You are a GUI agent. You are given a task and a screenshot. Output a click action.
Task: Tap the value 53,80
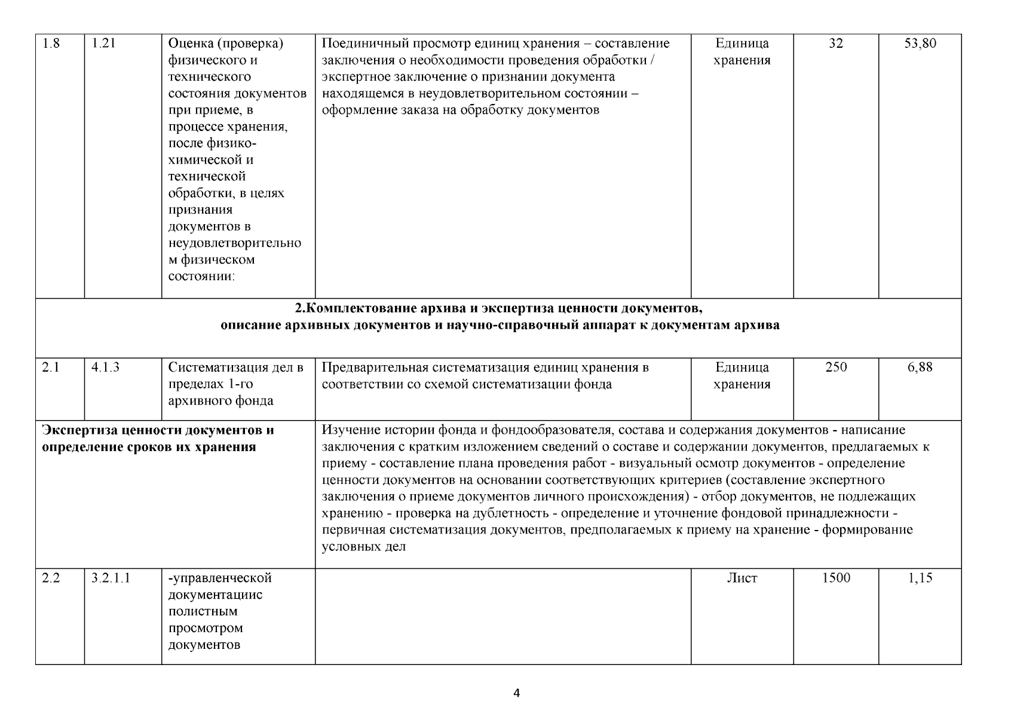(x=920, y=44)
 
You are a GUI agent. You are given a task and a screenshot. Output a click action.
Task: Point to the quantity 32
(x=836, y=44)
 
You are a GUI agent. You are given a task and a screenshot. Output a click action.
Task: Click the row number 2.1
(x=51, y=367)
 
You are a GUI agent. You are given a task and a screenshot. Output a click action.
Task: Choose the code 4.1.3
(x=105, y=367)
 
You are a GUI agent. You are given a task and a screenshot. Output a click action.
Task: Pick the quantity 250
(x=836, y=367)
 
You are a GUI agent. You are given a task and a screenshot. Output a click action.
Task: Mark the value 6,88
(x=920, y=367)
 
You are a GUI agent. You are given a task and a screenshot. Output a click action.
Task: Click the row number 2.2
(x=51, y=578)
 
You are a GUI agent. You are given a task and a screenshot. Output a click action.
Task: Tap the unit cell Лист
(x=742, y=578)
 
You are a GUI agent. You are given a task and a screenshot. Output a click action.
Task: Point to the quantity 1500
(x=836, y=578)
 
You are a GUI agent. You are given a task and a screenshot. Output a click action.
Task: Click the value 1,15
(x=920, y=578)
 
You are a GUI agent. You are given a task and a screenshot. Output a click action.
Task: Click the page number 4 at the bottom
(x=517, y=693)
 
